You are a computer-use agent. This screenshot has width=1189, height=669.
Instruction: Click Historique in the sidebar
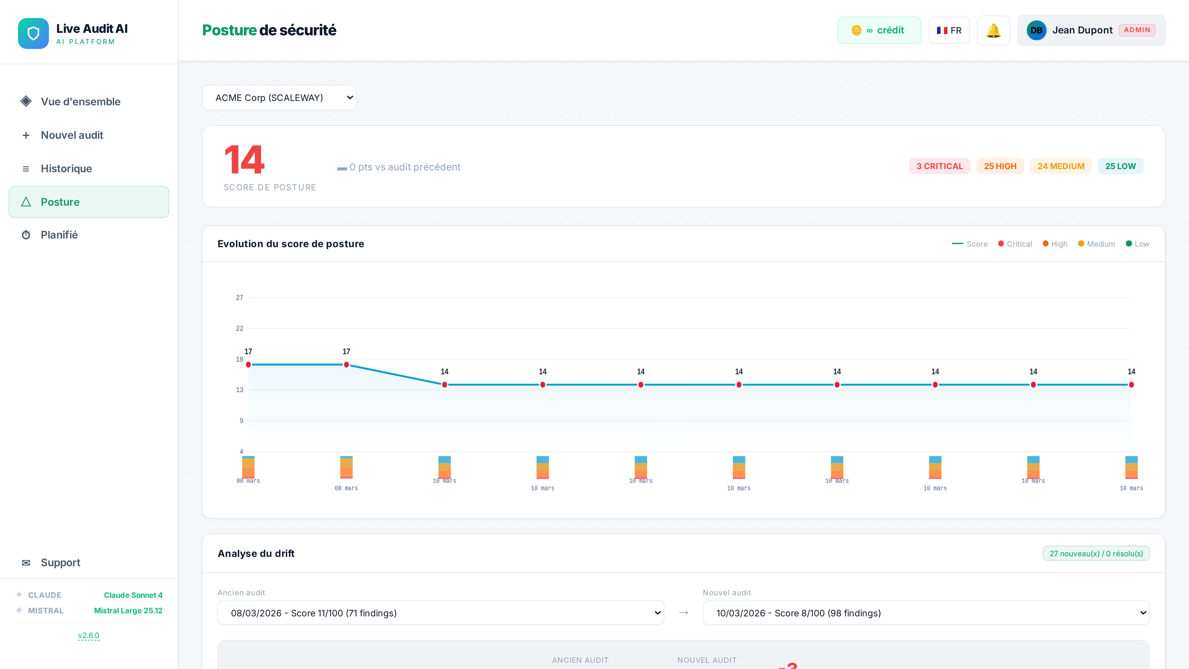(x=67, y=168)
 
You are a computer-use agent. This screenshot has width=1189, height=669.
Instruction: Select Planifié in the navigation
(x=59, y=235)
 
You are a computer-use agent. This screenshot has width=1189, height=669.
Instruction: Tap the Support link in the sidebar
(x=60, y=562)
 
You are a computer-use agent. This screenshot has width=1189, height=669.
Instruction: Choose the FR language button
(x=949, y=30)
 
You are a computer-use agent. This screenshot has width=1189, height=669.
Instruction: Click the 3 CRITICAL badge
(x=939, y=166)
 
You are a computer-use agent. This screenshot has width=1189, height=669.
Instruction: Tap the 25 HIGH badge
(x=1000, y=166)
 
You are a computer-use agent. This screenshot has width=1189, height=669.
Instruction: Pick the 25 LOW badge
(x=1120, y=166)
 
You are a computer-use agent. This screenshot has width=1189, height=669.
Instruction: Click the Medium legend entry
(x=1097, y=244)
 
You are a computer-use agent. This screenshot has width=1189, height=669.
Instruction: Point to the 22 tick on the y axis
(x=240, y=329)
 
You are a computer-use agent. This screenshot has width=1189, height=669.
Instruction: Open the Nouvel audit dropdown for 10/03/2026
(x=926, y=613)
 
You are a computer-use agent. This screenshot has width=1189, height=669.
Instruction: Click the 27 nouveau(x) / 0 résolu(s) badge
(x=1096, y=553)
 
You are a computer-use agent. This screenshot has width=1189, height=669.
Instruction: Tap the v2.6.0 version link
(x=89, y=635)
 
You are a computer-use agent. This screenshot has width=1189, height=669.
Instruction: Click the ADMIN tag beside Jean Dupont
(x=1137, y=30)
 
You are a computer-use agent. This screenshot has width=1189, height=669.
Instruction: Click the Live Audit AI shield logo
(x=33, y=33)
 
